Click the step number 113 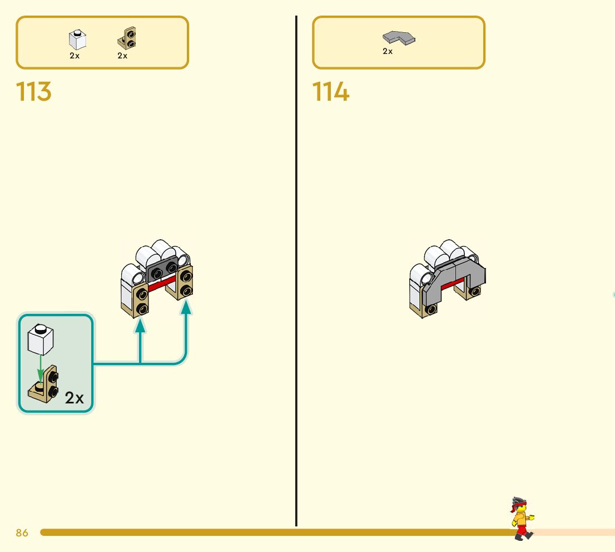point(34,91)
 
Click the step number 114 point(331,91)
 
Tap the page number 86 point(22,533)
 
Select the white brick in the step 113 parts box point(77,40)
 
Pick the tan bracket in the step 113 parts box point(127,38)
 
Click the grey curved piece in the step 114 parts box point(399,38)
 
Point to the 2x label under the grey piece point(388,51)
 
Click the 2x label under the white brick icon point(75,56)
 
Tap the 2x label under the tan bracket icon point(122,56)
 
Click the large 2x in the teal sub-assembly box point(74,398)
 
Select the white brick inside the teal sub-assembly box point(41,339)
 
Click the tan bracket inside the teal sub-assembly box point(43,385)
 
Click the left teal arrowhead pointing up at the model point(140,326)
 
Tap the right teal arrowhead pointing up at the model point(186,307)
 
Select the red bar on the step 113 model point(162,283)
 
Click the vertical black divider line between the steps point(296,271)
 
